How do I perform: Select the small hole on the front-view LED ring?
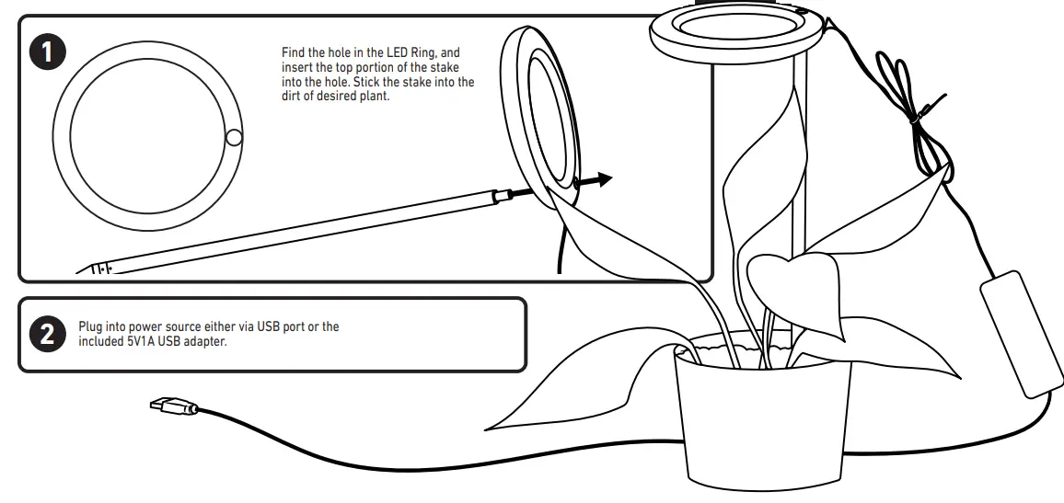pyautogui.click(x=234, y=138)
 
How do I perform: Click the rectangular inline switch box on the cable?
pyautogui.click(x=1014, y=333)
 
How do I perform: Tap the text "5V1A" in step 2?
pyautogui.click(x=142, y=342)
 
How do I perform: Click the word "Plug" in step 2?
pyautogui.click(x=90, y=326)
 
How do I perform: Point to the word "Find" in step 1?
pyautogui.click(x=293, y=53)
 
